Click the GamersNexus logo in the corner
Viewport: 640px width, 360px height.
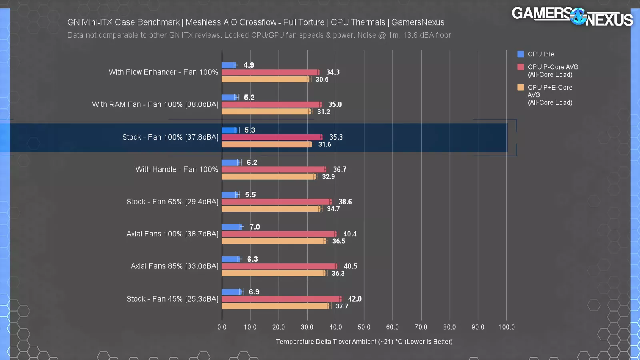point(572,16)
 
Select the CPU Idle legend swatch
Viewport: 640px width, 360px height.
point(520,54)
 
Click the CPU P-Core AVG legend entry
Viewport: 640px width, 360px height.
point(552,71)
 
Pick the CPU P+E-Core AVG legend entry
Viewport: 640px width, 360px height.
point(550,95)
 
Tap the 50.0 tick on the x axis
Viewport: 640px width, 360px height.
point(364,327)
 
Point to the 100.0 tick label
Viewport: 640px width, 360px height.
point(506,327)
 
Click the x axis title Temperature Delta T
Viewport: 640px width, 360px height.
point(364,342)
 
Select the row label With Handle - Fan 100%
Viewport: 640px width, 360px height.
point(177,170)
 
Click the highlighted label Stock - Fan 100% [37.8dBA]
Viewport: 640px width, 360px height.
point(170,137)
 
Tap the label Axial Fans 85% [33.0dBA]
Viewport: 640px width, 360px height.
point(174,266)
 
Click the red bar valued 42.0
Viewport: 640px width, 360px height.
point(281,299)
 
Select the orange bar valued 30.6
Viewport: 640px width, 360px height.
point(265,79)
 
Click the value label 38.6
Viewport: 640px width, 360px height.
point(345,202)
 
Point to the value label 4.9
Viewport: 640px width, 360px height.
point(249,65)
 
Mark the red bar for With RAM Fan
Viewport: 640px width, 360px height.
point(271,104)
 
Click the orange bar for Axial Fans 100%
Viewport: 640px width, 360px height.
point(274,241)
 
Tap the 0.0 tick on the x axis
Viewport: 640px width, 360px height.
point(222,327)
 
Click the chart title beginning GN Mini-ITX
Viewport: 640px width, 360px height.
point(256,22)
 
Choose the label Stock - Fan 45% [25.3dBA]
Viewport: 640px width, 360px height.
point(172,299)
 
